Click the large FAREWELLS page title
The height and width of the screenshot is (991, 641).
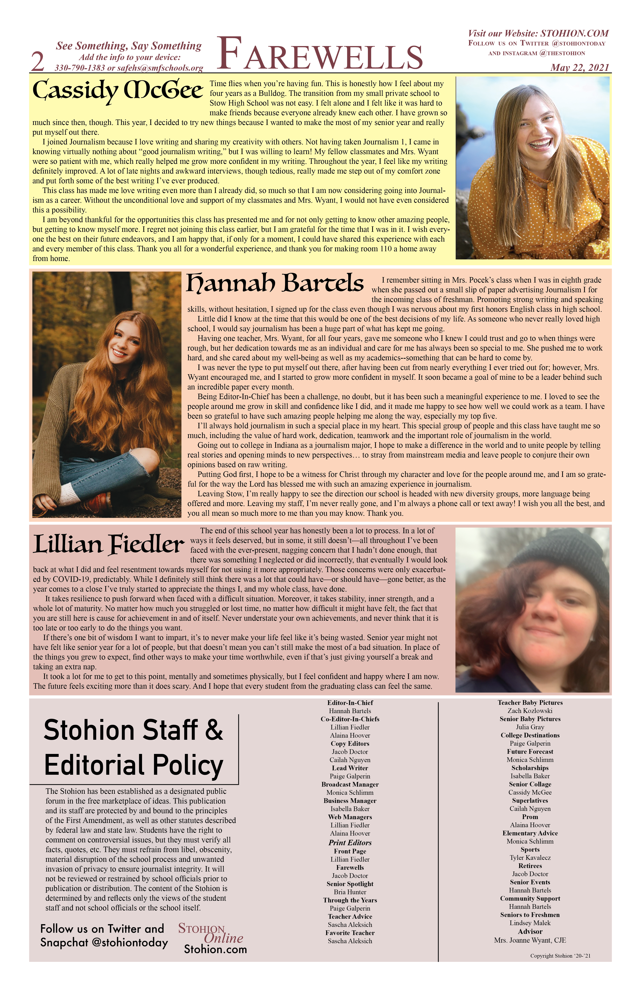[320, 54]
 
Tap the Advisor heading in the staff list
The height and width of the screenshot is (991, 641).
[530, 932]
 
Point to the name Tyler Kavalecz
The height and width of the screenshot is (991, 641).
[530, 858]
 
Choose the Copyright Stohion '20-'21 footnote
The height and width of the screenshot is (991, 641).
[560, 956]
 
